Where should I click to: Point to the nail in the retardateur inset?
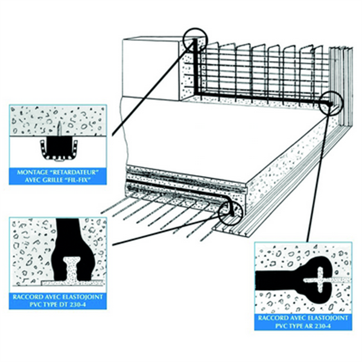(59, 129)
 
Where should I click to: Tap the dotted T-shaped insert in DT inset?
(72, 269)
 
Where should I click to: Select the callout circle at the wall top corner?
(195, 40)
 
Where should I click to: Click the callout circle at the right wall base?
(331, 103)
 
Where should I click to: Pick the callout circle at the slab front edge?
(230, 212)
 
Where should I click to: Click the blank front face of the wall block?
(151, 69)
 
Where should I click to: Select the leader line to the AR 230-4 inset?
(318, 178)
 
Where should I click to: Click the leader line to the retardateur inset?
(153, 88)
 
